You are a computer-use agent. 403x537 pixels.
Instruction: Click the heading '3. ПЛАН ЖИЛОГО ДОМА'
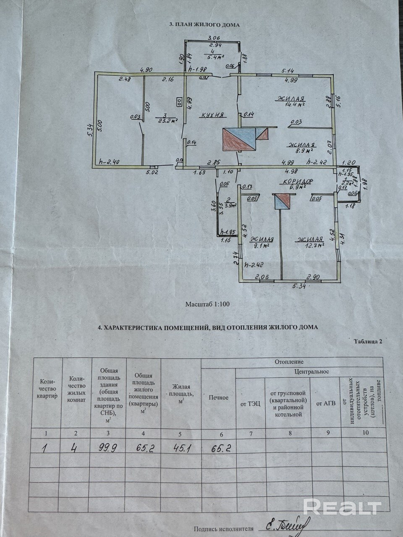click(x=204, y=25)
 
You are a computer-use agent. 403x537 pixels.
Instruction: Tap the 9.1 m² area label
click(x=264, y=246)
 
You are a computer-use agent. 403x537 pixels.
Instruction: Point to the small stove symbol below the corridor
click(x=282, y=202)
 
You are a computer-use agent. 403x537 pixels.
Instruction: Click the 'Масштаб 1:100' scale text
click(x=207, y=304)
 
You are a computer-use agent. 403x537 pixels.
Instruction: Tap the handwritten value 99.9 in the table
click(x=108, y=448)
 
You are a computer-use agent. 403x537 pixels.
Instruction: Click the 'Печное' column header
click(x=218, y=397)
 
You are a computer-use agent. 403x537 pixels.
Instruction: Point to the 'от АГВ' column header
click(x=325, y=404)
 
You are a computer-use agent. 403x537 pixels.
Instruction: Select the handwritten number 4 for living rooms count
click(x=74, y=448)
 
